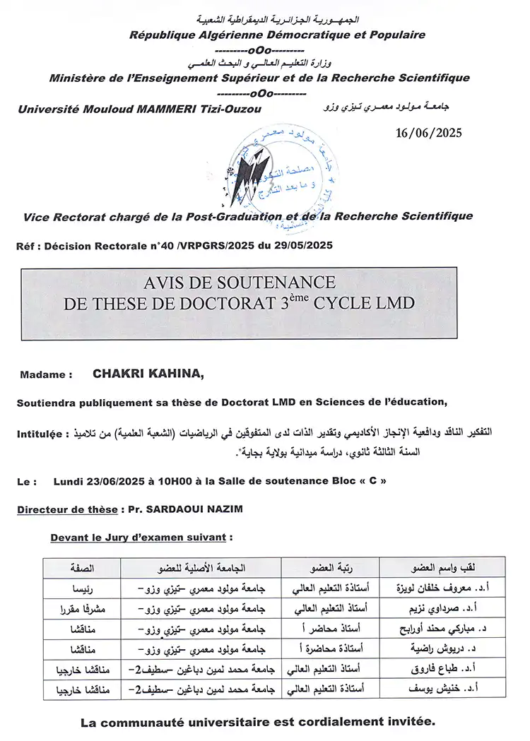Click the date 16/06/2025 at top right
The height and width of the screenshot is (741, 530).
[428, 133]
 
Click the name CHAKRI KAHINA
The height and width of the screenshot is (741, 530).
[148, 375]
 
